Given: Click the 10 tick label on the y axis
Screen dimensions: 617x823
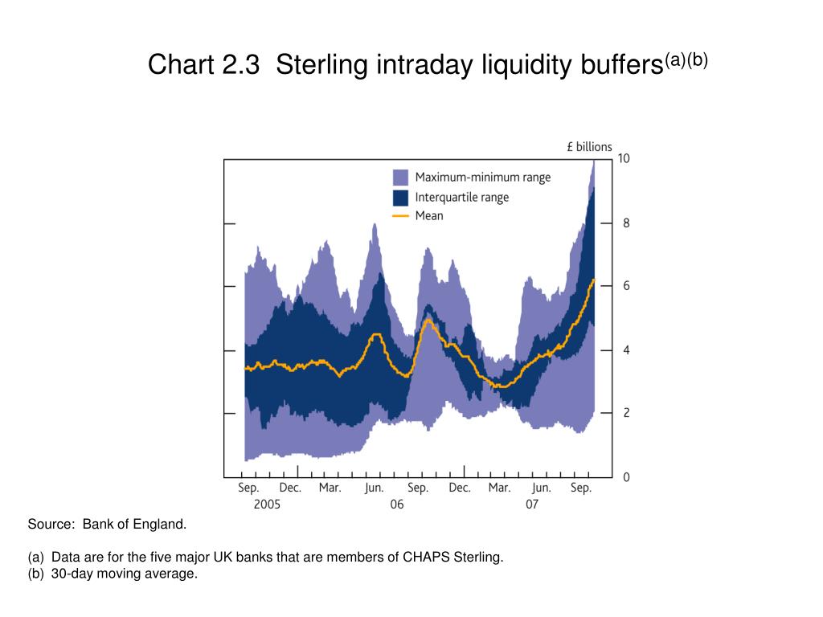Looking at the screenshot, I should click(x=624, y=159).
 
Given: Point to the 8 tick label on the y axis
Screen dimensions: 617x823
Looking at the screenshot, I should click(x=626, y=223).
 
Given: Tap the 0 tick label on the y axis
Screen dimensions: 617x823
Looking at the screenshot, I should click(x=626, y=477).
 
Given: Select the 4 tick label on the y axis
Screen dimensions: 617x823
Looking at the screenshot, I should click(x=626, y=350).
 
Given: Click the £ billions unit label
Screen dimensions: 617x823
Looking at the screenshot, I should click(x=589, y=147).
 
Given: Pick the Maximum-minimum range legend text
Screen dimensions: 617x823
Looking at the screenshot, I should click(x=482, y=178).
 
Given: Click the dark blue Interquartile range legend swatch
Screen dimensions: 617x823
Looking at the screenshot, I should click(x=400, y=198).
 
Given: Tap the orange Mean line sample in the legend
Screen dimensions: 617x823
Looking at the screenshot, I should click(x=400, y=216).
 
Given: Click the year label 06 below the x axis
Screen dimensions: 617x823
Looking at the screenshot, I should click(x=397, y=505).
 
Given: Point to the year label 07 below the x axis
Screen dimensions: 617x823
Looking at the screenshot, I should click(x=532, y=505).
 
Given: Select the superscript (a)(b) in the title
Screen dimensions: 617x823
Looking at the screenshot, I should click(x=686, y=59).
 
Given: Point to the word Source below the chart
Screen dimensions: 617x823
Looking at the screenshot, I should click(x=51, y=525).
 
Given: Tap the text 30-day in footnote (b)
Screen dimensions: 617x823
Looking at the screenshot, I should click(x=72, y=574).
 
